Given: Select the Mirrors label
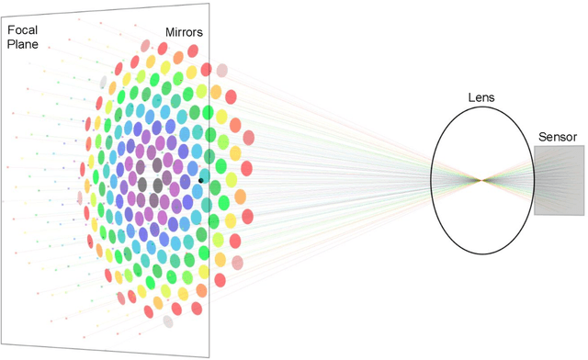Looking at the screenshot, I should click(x=184, y=32).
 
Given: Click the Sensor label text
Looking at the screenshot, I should click(x=558, y=137).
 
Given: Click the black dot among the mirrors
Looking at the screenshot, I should click(x=200, y=181).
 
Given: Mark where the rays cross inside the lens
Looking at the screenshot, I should click(x=481, y=180).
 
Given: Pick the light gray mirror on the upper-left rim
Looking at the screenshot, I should click(x=103, y=83).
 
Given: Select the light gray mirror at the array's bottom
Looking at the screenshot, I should click(x=168, y=321).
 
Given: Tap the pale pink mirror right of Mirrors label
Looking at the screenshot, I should click(x=221, y=70).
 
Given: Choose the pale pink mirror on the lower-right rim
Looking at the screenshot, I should click(x=238, y=263).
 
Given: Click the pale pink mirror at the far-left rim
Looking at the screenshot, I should click(x=79, y=197).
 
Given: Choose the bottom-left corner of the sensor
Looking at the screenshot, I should click(x=534, y=215).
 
